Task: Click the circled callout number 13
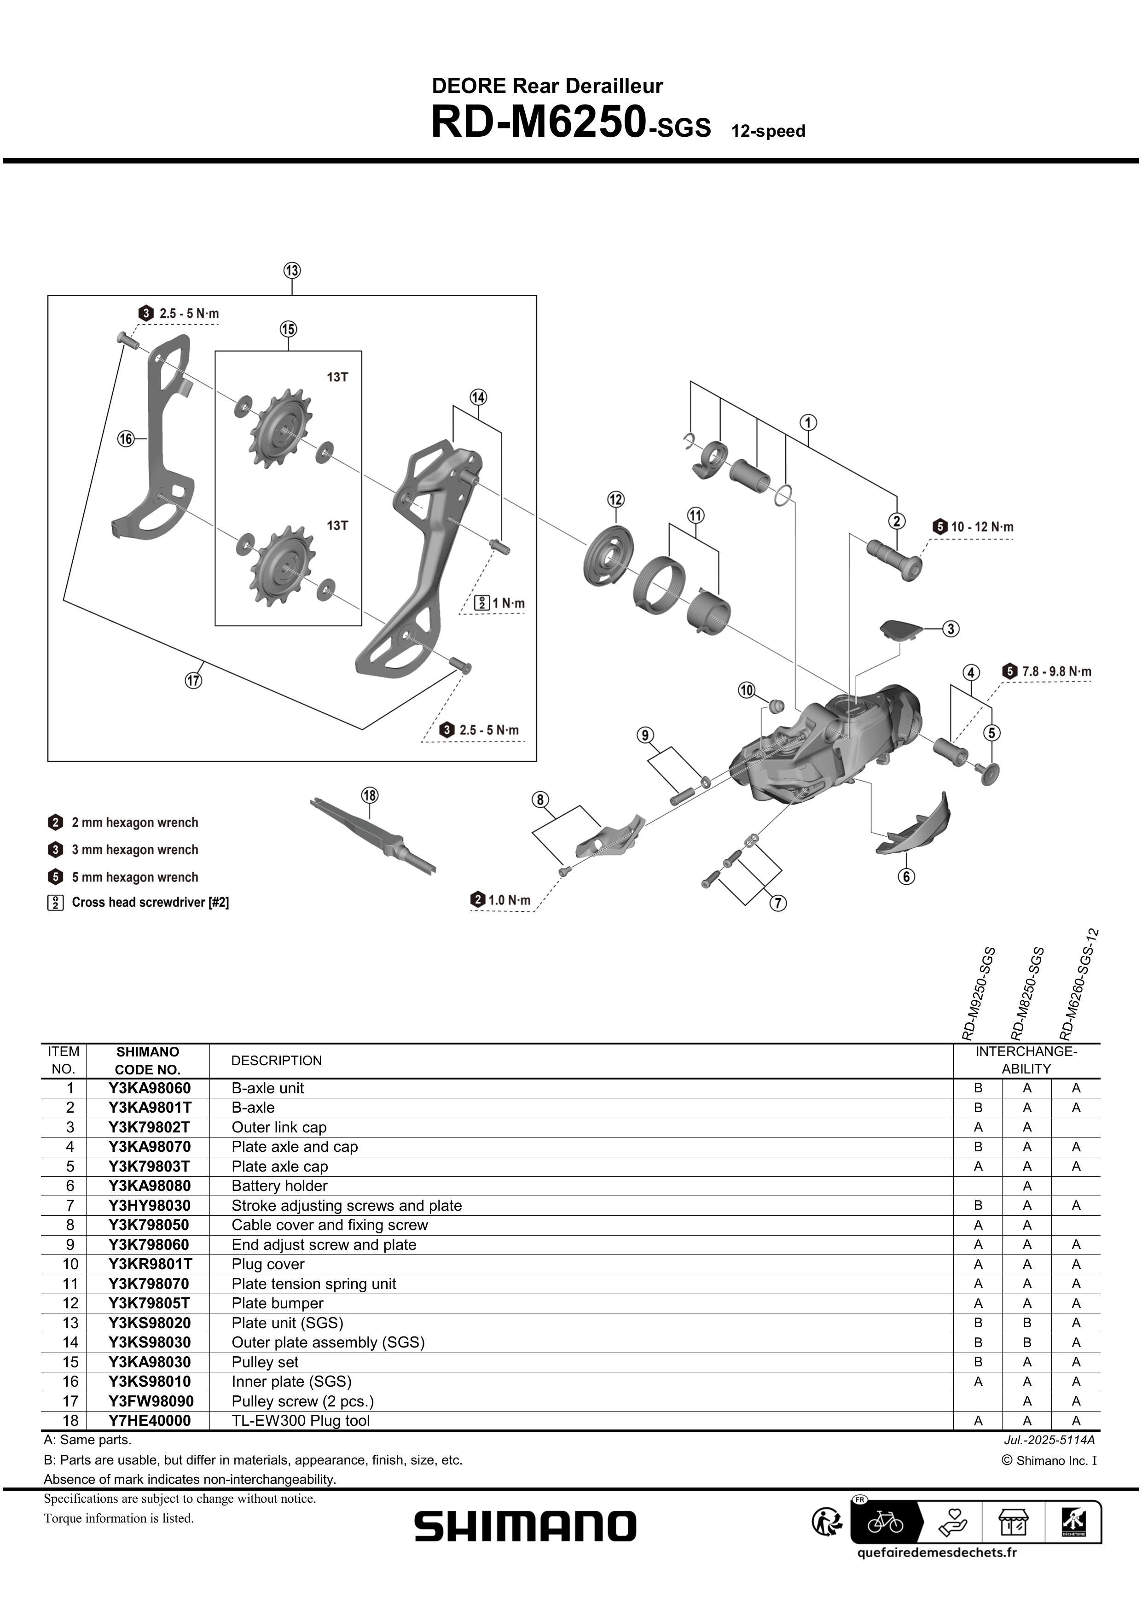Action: (x=292, y=270)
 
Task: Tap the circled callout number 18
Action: (x=370, y=795)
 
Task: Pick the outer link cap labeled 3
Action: (x=901, y=629)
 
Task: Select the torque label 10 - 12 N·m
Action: (x=981, y=526)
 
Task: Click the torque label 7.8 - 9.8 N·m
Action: (x=1055, y=671)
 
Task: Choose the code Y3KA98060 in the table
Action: (x=149, y=1088)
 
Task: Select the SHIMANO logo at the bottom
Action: (x=525, y=1526)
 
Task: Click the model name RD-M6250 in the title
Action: (x=538, y=122)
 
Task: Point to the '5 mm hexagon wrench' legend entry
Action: (x=134, y=877)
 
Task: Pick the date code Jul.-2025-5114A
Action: (x=1049, y=1440)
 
